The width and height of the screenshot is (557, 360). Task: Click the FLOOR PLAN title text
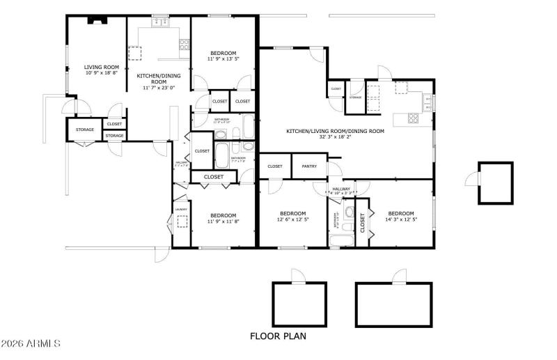278,336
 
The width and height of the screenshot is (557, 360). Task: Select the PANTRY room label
309,166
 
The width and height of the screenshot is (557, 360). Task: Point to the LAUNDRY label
180,208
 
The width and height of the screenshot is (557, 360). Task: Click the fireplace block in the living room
95,21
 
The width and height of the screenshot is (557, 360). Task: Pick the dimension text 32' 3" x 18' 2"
335,137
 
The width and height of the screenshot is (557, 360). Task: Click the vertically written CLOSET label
363,223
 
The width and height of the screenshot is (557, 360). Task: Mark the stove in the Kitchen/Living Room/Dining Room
412,118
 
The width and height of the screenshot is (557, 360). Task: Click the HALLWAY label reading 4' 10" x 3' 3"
341,189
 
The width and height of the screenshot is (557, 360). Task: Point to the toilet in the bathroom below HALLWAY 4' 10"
349,212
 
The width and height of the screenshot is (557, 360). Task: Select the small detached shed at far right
495,184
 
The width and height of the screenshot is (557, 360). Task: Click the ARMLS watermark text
32,344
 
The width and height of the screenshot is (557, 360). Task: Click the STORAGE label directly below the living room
85,130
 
